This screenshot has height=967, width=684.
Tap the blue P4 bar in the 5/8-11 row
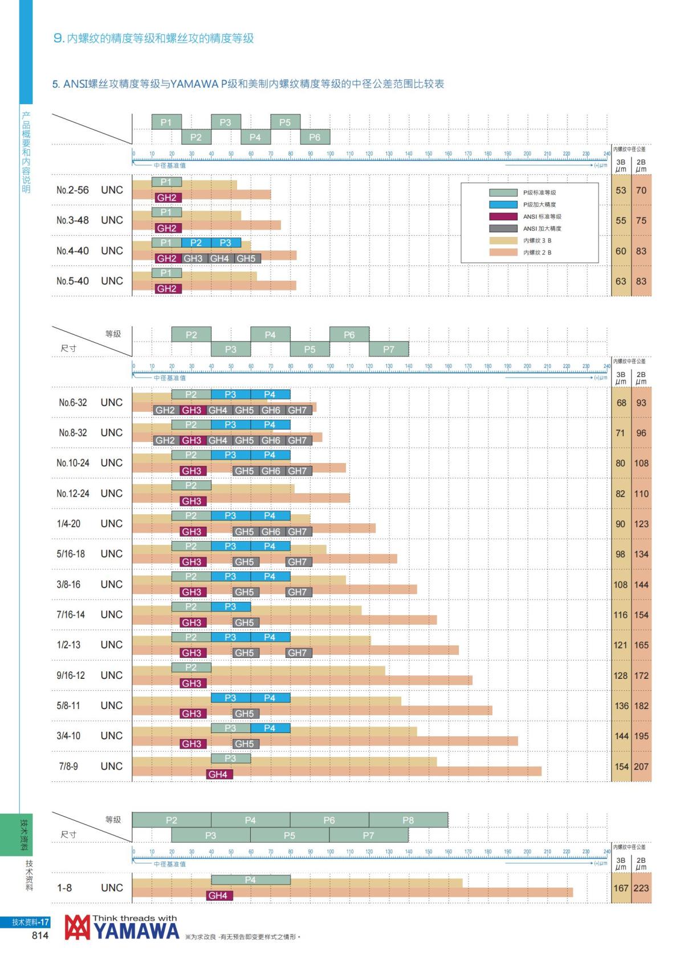click(270, 698)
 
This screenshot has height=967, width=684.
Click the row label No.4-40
click(73, 251)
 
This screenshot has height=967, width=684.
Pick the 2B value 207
click(641, 767)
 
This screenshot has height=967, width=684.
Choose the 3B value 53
click(621, 190)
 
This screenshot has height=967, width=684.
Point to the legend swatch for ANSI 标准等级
click(503, 216)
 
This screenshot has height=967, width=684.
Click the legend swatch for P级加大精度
click(503, 204)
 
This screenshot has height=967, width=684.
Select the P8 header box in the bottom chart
click(408, 820)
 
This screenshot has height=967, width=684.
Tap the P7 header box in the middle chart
click(389, 349)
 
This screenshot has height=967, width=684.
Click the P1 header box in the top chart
click(166, 122)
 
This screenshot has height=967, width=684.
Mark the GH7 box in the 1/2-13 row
click(298, 653)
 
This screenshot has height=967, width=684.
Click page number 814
click(40, 935)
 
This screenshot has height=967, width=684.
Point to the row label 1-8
click(64, 888)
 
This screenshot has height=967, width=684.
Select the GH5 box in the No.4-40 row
click(246, 259)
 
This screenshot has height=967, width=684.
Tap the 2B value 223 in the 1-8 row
click(641, 888)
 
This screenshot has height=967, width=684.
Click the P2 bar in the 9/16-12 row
click(191, 667)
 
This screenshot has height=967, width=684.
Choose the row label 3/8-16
click(68, 584)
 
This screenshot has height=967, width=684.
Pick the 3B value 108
click(620, 584)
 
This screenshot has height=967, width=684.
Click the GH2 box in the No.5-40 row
click(167, 289)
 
